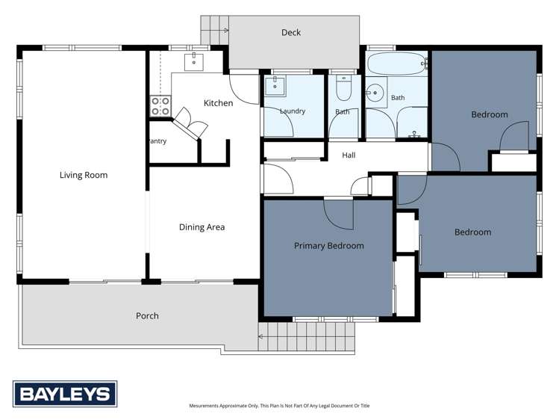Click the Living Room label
(84, 175)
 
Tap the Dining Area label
(202, 227)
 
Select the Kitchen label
(218, 103)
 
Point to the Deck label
(291, 32)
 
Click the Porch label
(147, 316)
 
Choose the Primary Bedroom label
(328, 246)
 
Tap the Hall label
(349, 155)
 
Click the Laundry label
(293, 111)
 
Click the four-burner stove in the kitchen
(160, 106)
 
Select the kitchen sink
(194, 62)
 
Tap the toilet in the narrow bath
(344, 88)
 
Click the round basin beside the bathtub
(375, 93)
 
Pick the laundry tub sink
(275, 86)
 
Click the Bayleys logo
(65, 394)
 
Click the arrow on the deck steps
(225, 31)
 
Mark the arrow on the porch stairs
(261, 336)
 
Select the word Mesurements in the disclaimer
(204, 406)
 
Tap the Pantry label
(157, 141)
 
